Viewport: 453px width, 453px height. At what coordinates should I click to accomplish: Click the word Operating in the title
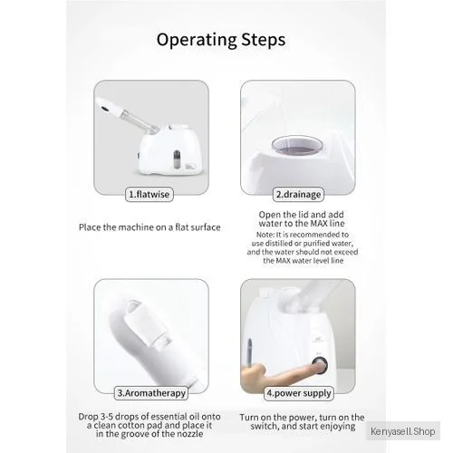tap(197, 40)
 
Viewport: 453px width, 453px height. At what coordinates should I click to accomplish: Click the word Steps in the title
tap(264, 40)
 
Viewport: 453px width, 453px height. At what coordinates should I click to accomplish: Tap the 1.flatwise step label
tap(149, 194)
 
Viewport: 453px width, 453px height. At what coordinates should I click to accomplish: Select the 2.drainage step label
tap(298, 194)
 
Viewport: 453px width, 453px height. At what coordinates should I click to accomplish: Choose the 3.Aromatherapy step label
tap(151, 393)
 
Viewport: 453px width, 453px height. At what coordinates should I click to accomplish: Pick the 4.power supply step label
tap(299, 393)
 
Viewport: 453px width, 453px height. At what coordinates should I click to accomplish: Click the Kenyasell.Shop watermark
tap(403, 431)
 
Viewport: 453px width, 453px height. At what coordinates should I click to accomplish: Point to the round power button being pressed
tap(320, 366)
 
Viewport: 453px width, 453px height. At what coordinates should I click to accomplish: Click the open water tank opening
tap(297, 146)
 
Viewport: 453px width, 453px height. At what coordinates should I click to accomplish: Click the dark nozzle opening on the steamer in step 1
tap(105, 109)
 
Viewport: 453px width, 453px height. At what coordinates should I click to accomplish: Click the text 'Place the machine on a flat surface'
tap(149, 227)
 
